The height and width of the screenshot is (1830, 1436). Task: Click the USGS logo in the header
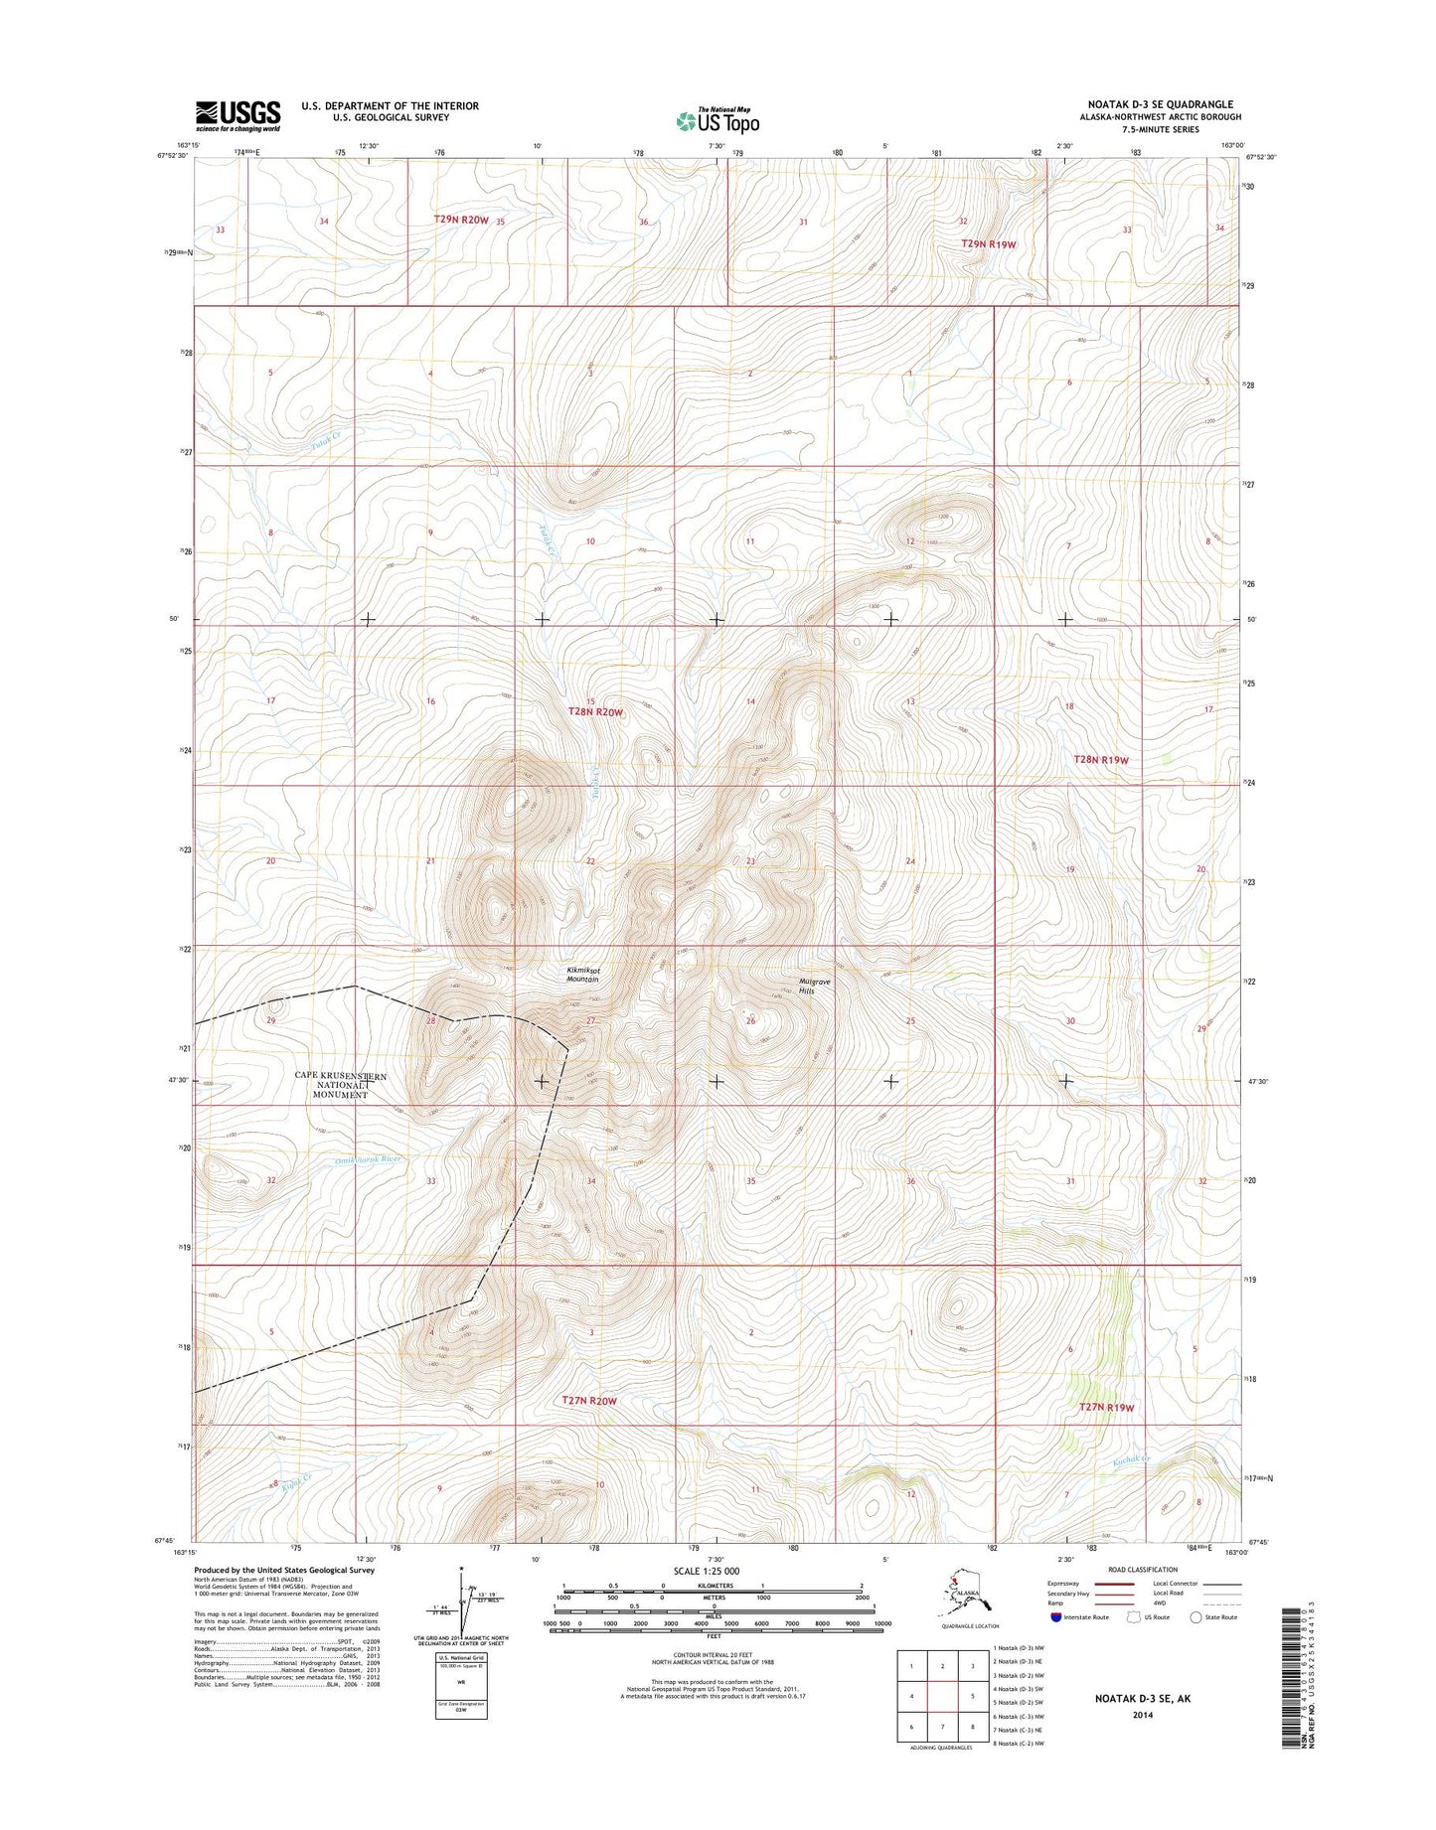coord(238,115)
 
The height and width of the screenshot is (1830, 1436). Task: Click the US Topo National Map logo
coord(718,120)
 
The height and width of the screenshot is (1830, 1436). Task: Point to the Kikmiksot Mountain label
coord(583,975)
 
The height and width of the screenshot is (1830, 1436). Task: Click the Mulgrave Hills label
coord(813,986)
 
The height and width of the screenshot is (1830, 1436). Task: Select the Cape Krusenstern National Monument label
coord(341,1085)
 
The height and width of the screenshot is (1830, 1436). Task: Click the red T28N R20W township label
coord(594,712)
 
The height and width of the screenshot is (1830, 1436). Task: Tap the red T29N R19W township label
coord(989,243)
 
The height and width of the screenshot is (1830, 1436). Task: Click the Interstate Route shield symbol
coord(1054,1616)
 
